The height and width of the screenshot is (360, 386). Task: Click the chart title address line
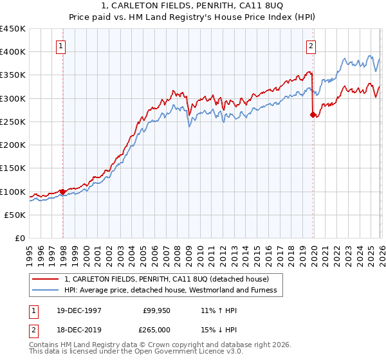(x=193, y=6)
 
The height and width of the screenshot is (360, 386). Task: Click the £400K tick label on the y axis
(x=13, y=52)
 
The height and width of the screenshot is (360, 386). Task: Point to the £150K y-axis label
(x=13, y=168)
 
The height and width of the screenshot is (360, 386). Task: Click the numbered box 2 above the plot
(x=311, y=46)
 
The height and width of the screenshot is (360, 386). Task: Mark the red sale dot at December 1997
(x=62, y=192)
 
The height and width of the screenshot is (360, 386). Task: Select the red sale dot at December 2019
(x=313, y=115)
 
